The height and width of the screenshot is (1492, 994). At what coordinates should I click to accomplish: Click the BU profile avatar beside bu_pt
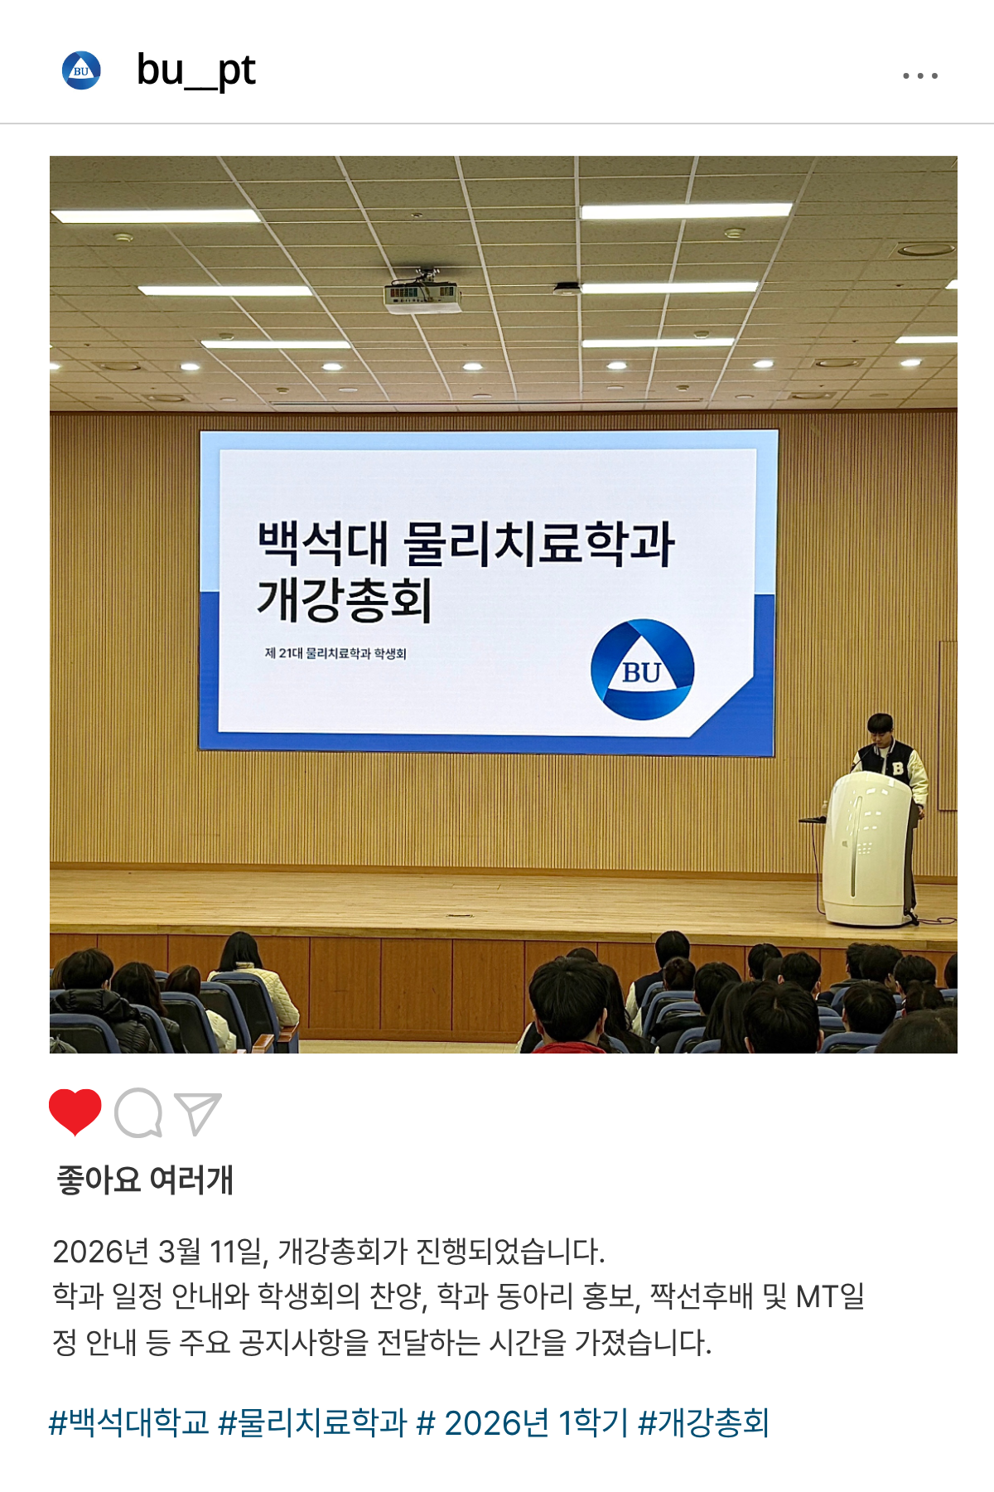point(81,70)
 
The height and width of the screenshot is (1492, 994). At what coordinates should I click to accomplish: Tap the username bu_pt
point(195,70)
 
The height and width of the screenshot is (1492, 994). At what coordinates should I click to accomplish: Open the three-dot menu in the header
point(919,75)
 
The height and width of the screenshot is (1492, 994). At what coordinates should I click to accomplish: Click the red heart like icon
point(75,1112)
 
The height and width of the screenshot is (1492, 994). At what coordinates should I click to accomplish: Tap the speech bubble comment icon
point(138,1112)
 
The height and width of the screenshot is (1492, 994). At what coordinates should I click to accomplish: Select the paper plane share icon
point(198,1113)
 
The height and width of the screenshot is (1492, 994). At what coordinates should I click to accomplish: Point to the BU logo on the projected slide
point(642,670)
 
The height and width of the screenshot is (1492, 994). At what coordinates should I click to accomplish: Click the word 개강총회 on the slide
point(345,599)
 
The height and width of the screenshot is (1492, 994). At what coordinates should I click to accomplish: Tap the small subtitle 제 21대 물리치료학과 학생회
point(335,653)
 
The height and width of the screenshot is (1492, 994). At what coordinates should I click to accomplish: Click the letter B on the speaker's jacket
point(898,768)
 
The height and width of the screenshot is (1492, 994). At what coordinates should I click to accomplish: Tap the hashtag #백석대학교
point(129,1422)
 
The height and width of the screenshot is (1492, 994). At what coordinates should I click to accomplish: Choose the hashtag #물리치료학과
point(312,1422)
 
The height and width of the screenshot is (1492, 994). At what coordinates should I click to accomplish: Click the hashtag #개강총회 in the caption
point(704,1422)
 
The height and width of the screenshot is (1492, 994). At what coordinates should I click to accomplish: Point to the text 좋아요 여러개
point(145,1180)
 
